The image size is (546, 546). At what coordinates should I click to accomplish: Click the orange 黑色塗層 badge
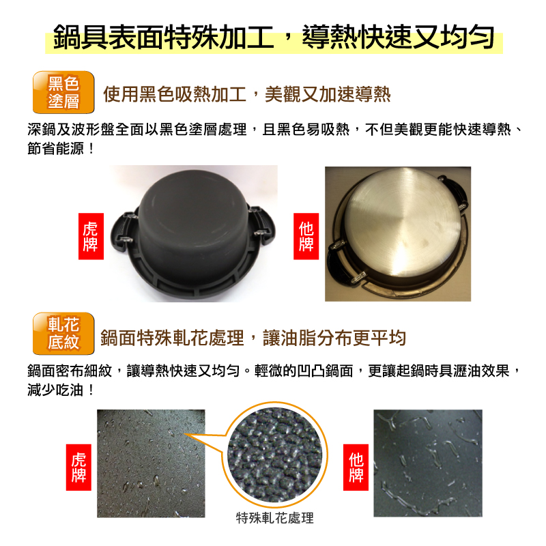click(63, 93)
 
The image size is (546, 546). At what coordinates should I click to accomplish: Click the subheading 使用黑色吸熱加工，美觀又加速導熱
click(246, 94)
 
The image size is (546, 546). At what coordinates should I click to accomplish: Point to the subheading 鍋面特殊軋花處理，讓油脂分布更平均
click(253, 337)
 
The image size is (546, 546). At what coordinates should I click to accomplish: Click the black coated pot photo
click(195, 232)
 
